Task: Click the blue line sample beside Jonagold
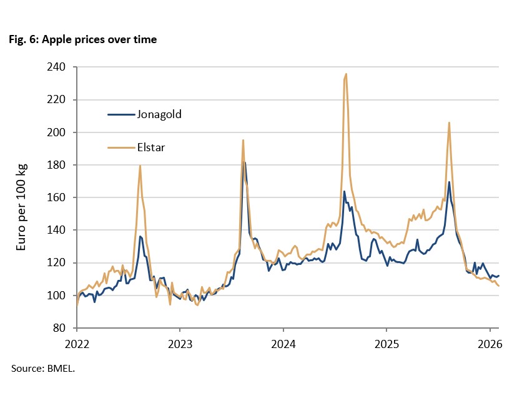tap(122, 114)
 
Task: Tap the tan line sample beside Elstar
tap(122, 147)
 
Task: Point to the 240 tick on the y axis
tap(60, 67)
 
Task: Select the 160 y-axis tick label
tap(60, 197)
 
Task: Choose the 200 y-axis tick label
tap(60, 132)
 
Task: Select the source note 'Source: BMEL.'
tap(43, 369)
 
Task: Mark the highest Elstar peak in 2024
tap(346, 74)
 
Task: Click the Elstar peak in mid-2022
tap(140, 166)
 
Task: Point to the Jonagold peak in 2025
tap(449, 182)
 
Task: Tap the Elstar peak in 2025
tap(449, 122)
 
